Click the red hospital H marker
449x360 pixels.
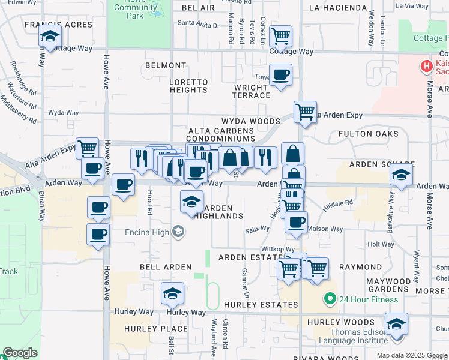click(x=427, y=66)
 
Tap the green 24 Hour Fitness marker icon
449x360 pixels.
click(x=329, y=299)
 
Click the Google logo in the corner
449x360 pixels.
click(x=20, y=353)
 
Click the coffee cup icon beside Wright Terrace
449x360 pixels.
click(x=280, y=76)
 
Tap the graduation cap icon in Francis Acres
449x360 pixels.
click(x=50, y=37)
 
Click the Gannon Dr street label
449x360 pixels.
click(x=246, y=283)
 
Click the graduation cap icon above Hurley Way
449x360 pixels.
click(x=172, y=294)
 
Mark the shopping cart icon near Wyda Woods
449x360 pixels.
click(x=305, y=111)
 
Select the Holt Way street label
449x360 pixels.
click(x=381, y=244)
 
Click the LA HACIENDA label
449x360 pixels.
click(x=338, y=8)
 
